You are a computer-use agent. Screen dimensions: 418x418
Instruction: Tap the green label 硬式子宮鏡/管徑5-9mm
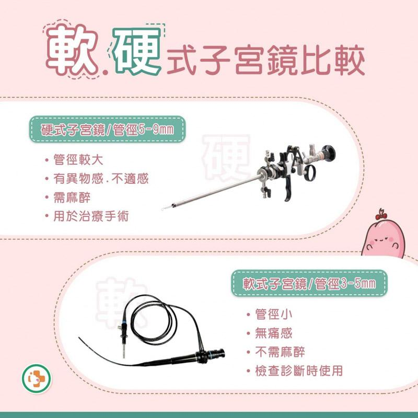(108, 129)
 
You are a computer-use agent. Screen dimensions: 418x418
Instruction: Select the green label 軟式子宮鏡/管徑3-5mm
(309, 283)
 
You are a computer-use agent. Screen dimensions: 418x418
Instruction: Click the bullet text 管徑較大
(78, 160)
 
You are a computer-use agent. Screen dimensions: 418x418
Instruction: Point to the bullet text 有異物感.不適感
(101, 178)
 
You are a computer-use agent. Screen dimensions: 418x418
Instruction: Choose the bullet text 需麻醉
(72, 198)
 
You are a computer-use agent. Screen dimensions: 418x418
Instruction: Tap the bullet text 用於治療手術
(91, 216)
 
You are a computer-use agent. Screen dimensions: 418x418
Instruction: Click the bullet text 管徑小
(273, 314)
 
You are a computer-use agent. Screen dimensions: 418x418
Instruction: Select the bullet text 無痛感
(273, 333)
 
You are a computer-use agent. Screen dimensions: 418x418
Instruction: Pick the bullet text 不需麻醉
(280, 352)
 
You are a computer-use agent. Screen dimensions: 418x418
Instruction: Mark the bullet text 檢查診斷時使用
(298, 370)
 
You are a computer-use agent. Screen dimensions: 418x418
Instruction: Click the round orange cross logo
(36, 378)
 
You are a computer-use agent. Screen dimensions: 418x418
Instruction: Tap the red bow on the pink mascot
(381, 214)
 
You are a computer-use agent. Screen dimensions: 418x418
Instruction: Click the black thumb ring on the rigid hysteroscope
(309, 173)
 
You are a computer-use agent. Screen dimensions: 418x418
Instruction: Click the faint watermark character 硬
(226, 158)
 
